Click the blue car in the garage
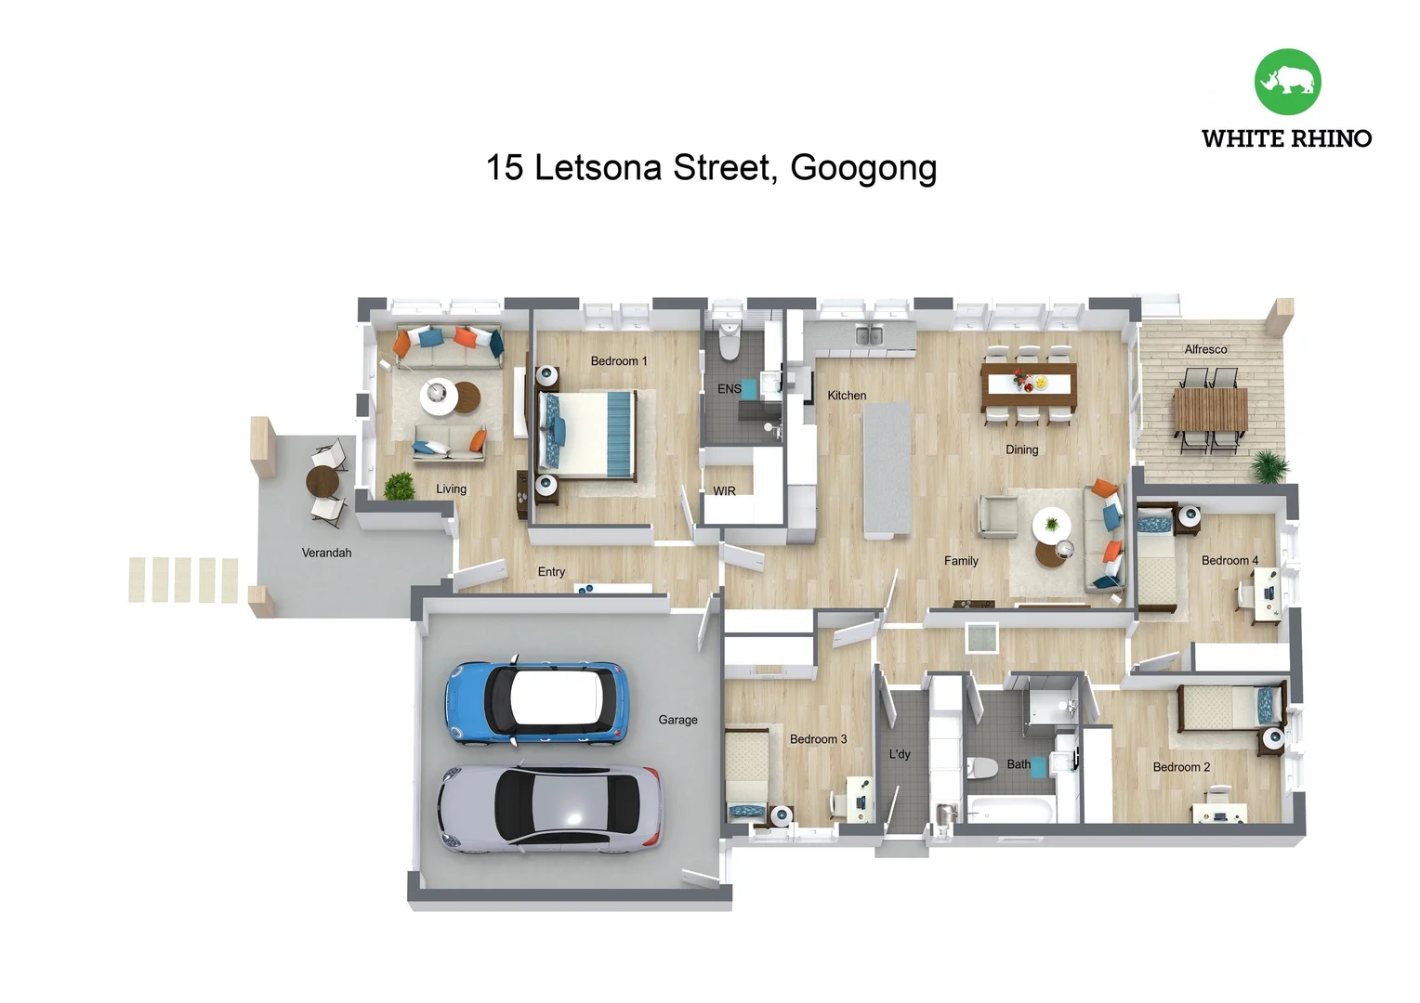537,703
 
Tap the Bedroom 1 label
619,361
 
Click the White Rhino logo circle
1287,82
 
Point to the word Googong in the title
863,168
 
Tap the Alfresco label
1205,349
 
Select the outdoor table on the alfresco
1210,410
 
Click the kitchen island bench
887,469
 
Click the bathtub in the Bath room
1010,809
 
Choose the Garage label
677,720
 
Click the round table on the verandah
322,481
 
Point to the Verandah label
326,553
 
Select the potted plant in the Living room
400,486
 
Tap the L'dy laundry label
900,754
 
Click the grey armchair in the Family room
997,515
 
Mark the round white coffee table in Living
438,395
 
